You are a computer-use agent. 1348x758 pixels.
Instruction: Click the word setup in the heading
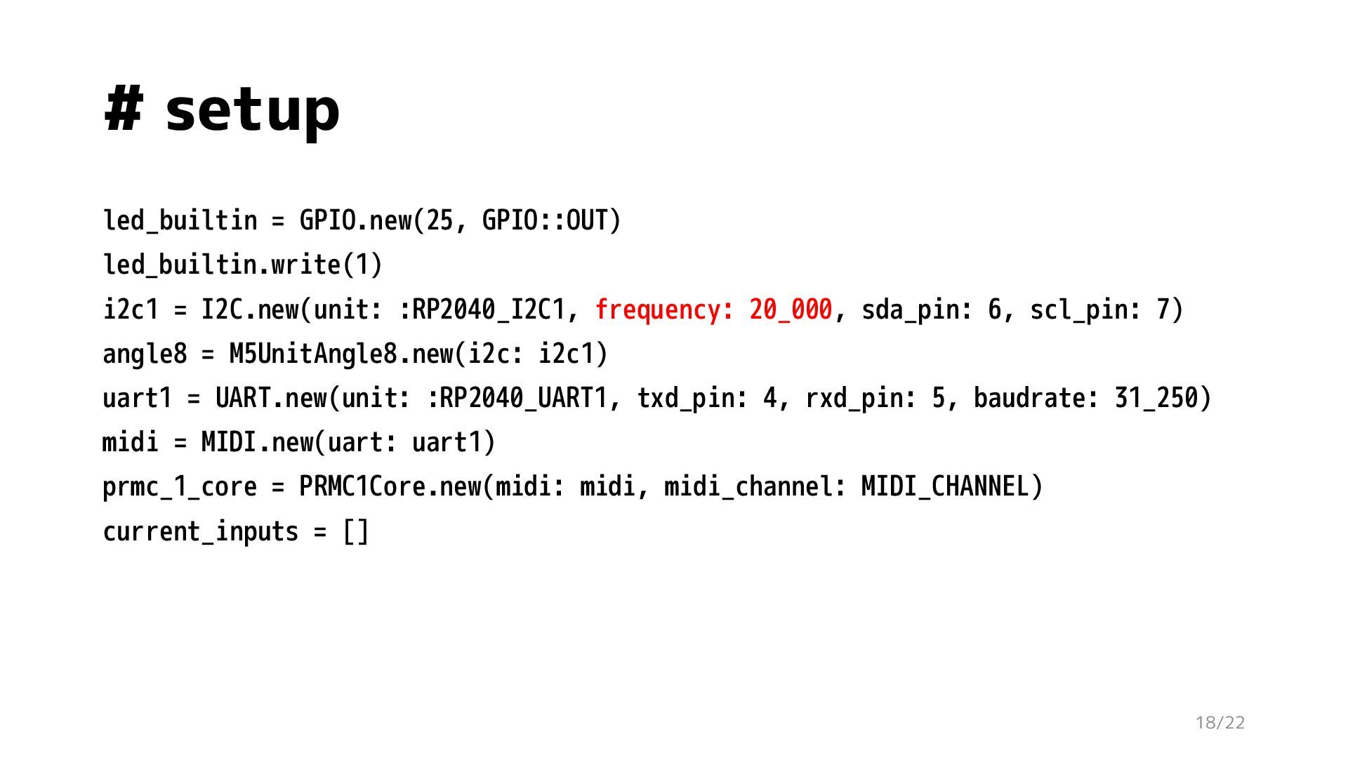[x=252, y=111]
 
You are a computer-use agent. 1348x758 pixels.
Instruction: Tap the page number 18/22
[x=1220, y=722]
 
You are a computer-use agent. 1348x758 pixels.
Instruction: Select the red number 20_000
[x=791, y=310]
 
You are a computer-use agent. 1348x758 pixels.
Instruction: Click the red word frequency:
[x=664, y=310]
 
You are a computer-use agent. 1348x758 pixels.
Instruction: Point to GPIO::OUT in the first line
[x=545, y=220]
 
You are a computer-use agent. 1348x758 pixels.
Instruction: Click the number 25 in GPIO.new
[x=440, y=220]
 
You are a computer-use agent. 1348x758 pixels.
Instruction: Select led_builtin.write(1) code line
[x=243, y=265]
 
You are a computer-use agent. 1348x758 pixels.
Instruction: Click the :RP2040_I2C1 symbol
[x=482, y=310]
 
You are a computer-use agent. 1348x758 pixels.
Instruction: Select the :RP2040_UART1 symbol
[x=517, y=398]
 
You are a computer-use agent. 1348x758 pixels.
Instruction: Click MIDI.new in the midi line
[x=257, y=442]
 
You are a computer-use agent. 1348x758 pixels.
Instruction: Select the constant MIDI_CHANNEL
[x=945, y=486]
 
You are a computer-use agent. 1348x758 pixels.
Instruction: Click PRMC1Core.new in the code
[x=390, y=486]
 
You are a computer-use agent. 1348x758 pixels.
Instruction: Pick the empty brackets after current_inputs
[x=355, y=531]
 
